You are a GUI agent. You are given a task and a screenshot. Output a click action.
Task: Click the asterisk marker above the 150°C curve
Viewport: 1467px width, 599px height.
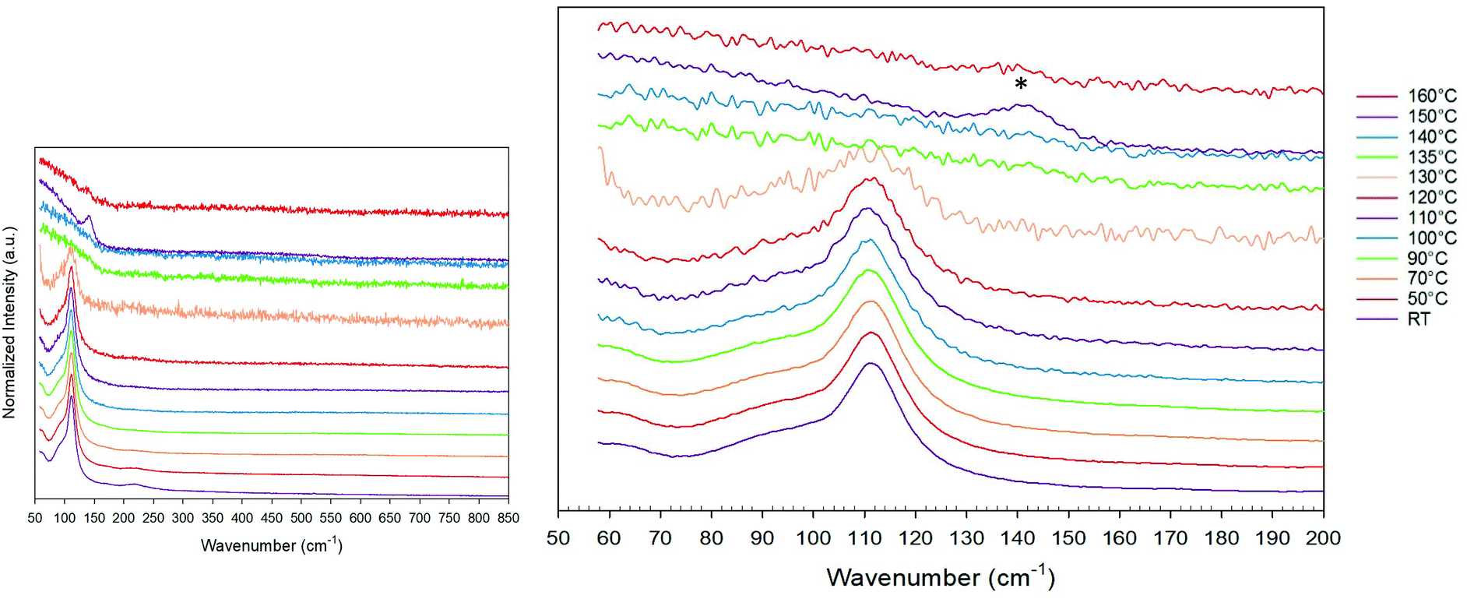(x=1020, y=84)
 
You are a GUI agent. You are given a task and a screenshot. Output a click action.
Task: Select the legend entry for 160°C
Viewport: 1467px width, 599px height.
(x=1431, y=96)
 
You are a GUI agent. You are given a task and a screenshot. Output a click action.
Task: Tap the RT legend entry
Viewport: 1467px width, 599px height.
(x=1419, y=319)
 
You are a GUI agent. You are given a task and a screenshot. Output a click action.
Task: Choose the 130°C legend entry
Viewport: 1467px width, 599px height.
(x=1431, y=177)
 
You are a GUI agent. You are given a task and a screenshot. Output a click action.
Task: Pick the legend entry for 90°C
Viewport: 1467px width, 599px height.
(x=1427, y=258)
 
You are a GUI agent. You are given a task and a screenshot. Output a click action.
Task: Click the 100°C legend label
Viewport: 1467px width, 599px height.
(x=1431, y=238)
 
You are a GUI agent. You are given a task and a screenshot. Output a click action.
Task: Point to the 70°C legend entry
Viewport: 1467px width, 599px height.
(x=1427, y=278)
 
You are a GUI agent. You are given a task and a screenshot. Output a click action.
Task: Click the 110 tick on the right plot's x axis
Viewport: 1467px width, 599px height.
(x=864, y=537)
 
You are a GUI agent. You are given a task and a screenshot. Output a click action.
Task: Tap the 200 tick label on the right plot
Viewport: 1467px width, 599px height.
(x=1323, y=537)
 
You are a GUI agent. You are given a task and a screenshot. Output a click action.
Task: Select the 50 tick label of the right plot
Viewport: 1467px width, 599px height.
(x=558, y=537)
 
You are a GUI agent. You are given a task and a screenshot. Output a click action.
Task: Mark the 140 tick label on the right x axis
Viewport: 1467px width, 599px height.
(x=1017, y=537)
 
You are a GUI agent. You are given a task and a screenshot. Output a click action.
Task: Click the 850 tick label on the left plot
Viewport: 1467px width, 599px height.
(x=508, y=518)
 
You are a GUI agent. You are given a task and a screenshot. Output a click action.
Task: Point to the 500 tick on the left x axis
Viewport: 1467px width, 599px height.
(x=301, y=518)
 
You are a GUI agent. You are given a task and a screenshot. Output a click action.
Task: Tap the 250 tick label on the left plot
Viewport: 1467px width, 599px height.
(x=153, y=518)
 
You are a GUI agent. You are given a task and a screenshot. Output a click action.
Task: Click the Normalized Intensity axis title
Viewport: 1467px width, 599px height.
(x=10, y=322)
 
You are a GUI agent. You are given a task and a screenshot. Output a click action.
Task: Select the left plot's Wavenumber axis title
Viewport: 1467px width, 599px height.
(x=271, y=544)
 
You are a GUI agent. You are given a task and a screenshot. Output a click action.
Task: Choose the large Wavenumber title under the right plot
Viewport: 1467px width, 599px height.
(x=941, y=577)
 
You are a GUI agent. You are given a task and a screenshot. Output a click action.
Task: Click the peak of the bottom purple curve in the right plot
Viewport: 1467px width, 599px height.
(x=871, y=363)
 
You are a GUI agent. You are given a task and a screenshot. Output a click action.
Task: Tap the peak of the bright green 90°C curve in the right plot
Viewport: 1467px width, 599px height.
(x=869, y=270)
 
